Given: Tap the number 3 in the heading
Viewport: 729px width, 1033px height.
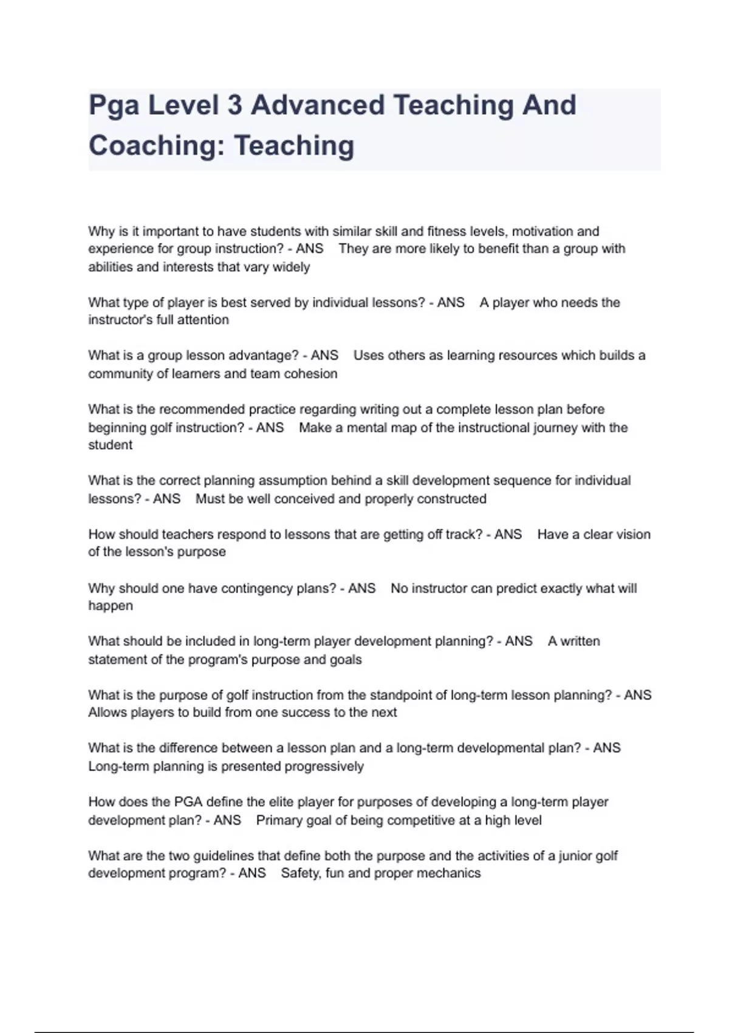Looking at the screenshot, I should (x=234, y=105).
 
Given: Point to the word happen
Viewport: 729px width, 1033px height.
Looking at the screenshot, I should (x=111, y=606).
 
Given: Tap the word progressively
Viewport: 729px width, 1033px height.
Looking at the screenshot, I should (x=323, y=766).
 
